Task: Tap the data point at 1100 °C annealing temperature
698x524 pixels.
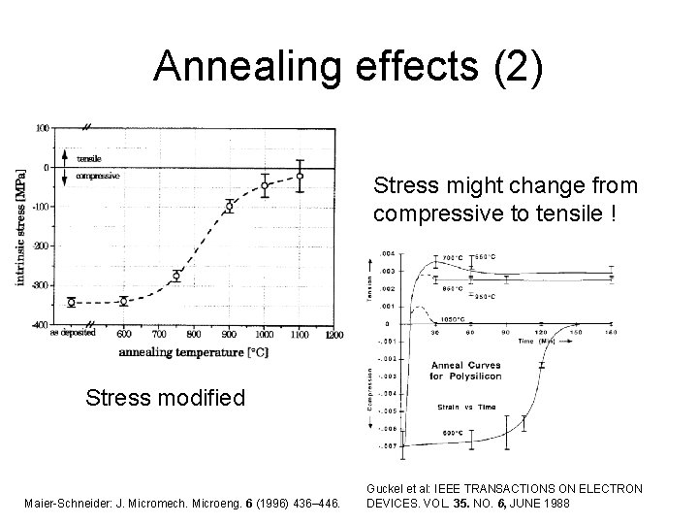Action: click(x=300, y=177)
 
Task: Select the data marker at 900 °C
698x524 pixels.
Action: click(x=230, y=207)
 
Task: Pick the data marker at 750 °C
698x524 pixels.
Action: click(x=176, y=276)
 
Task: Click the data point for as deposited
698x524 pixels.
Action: click(x=71, y=303)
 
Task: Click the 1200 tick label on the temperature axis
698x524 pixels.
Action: click(x=333, y=335)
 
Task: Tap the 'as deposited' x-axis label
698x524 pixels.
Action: click(x=70, y=335)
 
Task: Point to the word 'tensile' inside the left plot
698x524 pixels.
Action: click(x=88, y=158)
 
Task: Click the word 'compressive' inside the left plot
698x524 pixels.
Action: click(x=97, y=176)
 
